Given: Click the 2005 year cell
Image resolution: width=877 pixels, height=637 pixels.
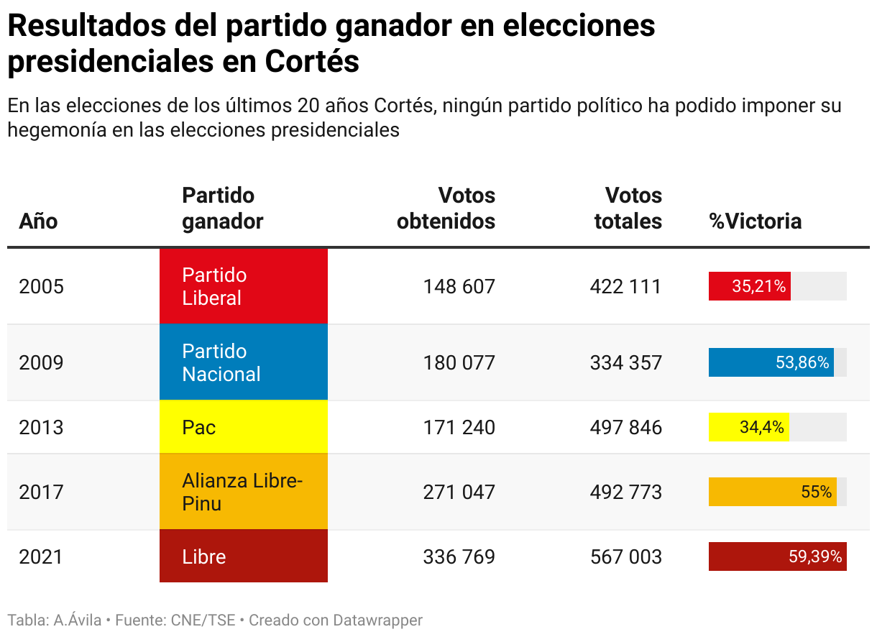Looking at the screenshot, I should pos(42,287).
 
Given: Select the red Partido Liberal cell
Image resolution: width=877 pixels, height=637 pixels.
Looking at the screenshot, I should pos(243,286).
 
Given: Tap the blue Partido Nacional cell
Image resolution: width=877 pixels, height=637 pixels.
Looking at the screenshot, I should pos(243,362).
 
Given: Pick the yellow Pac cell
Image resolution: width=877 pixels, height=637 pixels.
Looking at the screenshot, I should pos(243,427).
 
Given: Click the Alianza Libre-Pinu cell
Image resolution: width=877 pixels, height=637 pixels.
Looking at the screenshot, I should pos(243,492).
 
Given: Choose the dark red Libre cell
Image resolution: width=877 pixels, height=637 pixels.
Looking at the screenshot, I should pos(243,556).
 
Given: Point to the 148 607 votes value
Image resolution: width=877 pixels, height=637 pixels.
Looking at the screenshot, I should pos(459,287).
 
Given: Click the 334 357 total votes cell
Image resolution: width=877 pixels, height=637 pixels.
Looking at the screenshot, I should pos(625,362).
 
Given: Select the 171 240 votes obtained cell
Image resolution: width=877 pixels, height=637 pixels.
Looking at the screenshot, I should pos(459,427).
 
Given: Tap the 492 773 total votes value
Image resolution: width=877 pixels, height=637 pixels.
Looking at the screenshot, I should pos(625,492).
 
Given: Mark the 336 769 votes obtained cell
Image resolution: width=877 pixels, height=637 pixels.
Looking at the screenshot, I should pos(459,556).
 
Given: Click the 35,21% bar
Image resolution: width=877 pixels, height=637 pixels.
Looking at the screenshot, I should pos(750,286).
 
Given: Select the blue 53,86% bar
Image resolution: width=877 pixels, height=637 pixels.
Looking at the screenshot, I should pos(771,362).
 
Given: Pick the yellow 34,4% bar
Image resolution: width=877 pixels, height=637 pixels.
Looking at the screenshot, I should pos(748,427).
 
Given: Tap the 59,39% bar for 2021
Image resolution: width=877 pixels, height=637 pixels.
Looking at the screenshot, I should pos(777,556).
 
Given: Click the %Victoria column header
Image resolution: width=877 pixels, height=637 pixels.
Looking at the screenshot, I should pos(755,221).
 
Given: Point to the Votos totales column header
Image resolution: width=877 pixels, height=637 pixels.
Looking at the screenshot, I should pos(629,208).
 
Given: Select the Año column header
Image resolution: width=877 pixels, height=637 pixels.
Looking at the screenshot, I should pos(38,221).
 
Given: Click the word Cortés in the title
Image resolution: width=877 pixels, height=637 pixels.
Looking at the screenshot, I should pos(312,62).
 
